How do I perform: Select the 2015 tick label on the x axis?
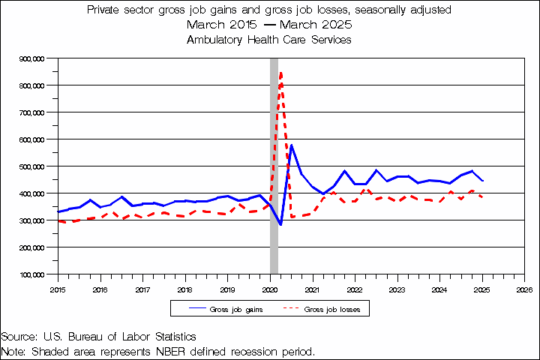pyautogui.click(x=58, y=288)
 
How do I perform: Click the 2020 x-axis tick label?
pyautogui.click(x=270, y=288)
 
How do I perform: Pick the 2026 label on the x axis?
pyautogui.click(x=524, y=288)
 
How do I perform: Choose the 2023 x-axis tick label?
pyautogui.click(x=397, y=288)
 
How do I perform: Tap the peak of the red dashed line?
pyautogui.click(x=280, y=72)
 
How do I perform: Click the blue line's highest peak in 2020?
pyautogui.click(x=291, y=145)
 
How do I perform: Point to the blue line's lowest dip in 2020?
pyautogui.click(x=280, y=224)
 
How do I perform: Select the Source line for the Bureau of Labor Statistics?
pyautogui.click(x=98, y=337)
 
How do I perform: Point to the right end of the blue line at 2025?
pyautogui.click(x=482, y=181)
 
